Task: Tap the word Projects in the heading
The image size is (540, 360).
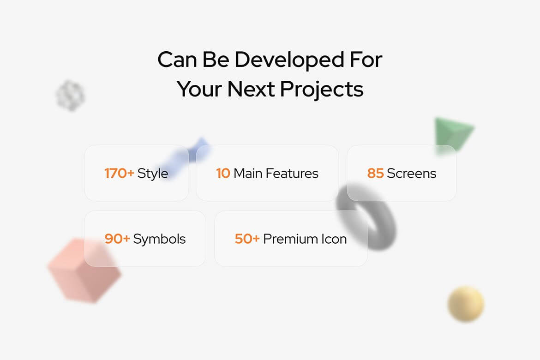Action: point(322,90)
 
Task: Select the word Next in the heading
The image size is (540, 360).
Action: point(251,89)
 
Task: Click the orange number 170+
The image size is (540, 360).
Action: point(119,173)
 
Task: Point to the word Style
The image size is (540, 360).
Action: point(153,174)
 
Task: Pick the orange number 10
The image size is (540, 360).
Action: point(223,173)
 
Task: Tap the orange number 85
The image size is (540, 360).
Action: point(375,173)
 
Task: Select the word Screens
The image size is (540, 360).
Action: point(412,173)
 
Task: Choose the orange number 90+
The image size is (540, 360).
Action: point(117,239)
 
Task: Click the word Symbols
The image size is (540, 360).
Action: point(159,240)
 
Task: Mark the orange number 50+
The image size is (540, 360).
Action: point(247,239)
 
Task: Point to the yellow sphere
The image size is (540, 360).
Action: point(466,304)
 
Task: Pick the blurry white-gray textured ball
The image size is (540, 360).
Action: point(70,96)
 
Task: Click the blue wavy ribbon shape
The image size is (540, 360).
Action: point(186,157)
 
